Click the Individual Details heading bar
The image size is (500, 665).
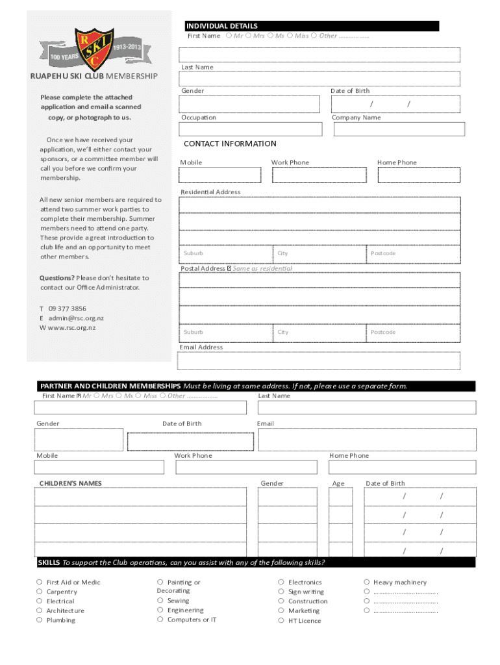pos(310,26)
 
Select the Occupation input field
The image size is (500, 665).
pos(251,129)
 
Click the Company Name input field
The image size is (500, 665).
pos(399,129)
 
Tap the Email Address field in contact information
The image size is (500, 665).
pos(319,360)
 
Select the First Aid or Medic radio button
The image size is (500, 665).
pos(40,583)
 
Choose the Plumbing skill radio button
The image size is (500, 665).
pos(40,620)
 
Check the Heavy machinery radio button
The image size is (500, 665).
pos(367,583)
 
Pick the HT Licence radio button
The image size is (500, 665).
pos(281,621)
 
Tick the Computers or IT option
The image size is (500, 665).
pos(160,620)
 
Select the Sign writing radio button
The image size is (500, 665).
pos(281,592)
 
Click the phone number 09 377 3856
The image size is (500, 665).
pos(68,308)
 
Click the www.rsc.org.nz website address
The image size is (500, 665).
pos(71,327)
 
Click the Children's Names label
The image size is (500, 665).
pos(70,483)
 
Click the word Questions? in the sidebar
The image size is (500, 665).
pos(57,278)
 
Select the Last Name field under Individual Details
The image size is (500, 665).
pos(319,79)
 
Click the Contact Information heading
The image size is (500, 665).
pos(230,144)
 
